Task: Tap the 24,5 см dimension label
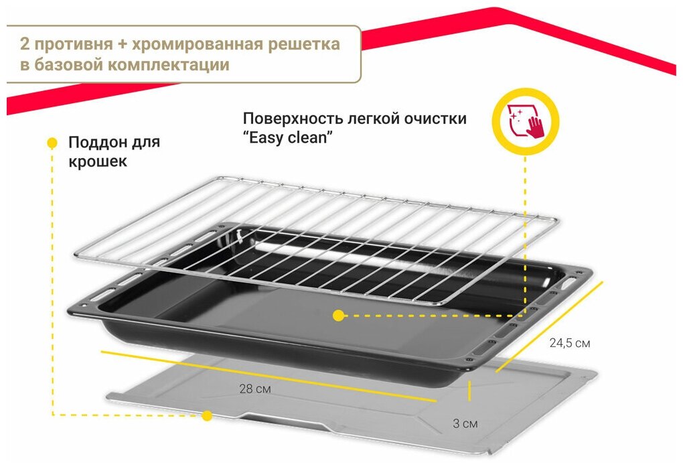[x=569, y=343]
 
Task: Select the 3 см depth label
[x=465, y=423]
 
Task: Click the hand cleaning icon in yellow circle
[x=525, y=123]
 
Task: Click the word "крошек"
[x=97, y=162]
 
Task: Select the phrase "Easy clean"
[x=289, y=138]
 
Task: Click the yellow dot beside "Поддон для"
[x=52, y=143]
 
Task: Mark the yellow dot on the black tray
[x=339, y=315]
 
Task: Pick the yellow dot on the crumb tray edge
[x=207, y=416]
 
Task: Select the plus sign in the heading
[x=122, y=44]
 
